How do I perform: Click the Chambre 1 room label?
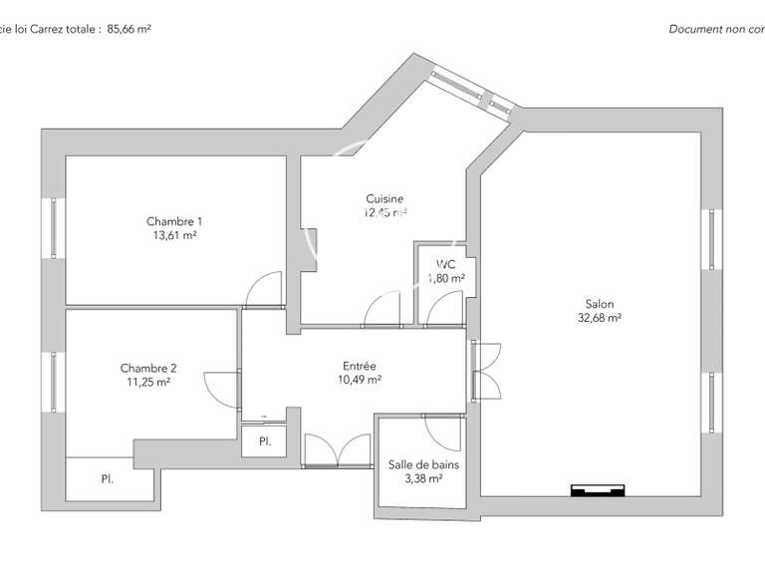point(174,221)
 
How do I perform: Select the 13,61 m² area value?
point(174,235)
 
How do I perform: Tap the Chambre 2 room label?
point(148,368)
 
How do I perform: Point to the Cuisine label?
point(384,198)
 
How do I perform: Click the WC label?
point(445,264)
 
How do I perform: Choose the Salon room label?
point(599,305)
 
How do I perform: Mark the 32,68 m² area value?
point(599,319)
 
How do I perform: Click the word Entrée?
point(360,365)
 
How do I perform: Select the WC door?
point(442,311)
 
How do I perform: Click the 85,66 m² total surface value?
point(128,29)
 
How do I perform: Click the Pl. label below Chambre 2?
point(107,479)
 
